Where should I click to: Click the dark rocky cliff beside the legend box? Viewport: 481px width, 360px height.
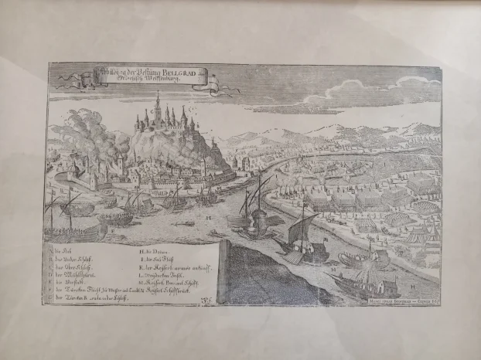[263, 267]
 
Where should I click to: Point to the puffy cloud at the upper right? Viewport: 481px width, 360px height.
[410, 89]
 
